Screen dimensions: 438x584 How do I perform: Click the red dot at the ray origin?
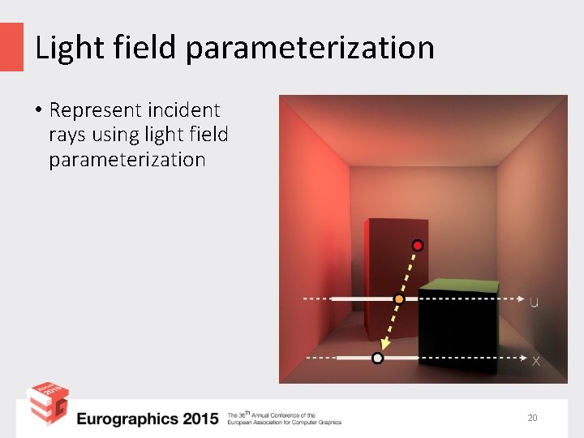pyautogui.click(x=417, y=245)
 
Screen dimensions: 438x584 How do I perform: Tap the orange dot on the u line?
pyautogui.click(x=398, y=299)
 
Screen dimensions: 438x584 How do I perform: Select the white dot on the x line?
pyautogui.click(x=377, y=358)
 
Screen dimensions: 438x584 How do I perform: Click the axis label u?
pyautogui.click(x=534, y=303)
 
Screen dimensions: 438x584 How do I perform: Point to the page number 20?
pyautogui.click(x=532, y=418)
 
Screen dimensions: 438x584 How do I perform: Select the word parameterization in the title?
pyautogui.click(x=310, y=49)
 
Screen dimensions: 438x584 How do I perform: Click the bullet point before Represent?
pyautogui.click(x=38, y=110)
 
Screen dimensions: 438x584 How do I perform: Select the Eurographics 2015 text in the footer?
pyautogui.click(x=148, y=419)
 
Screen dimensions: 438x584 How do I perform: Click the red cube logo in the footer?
pyautogui.click(x=47, y=403)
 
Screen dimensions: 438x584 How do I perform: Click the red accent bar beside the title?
pyautogui.click(x=11, y=46)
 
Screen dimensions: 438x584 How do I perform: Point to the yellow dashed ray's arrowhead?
pyautogui.click(x=384, y=346)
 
